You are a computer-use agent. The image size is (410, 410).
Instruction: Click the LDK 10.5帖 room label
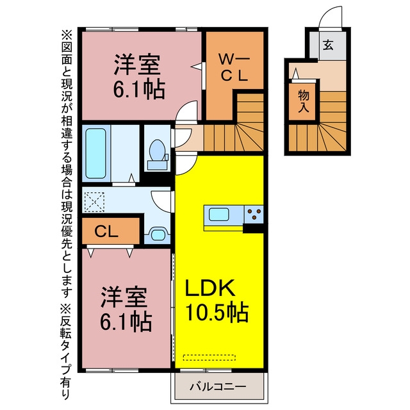click(217, 300)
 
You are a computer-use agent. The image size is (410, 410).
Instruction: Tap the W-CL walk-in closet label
click(234, 68)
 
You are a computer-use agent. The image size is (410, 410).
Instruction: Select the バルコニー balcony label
click(218, 386)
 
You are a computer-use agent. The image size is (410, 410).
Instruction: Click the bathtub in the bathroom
click(95, 154)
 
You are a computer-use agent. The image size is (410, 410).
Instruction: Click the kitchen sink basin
click(219, 215)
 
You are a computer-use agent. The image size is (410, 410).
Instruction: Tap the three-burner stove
click(254, 215)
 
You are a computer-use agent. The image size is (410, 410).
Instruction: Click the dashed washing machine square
click(94, 202)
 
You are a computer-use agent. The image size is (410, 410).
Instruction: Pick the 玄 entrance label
click(328, 45)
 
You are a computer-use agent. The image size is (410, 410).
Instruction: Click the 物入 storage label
click(304, 101)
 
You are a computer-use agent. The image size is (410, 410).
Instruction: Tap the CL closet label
click(106, 232)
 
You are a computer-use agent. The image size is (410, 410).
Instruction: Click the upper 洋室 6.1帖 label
click(138, 76)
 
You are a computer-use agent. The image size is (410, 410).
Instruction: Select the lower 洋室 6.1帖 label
click(126, 309)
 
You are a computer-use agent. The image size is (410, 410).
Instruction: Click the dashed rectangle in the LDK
click(209, 357)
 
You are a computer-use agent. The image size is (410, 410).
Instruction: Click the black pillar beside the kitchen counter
click(253, 228)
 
